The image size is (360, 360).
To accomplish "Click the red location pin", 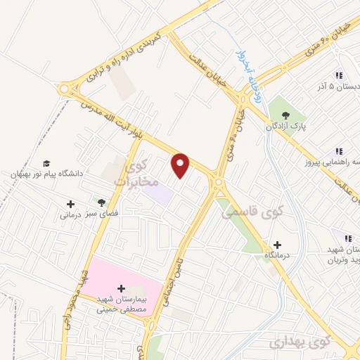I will pos(181,165).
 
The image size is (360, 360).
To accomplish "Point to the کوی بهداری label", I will pos(294,342).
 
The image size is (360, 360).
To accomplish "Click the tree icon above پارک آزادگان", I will pos(285,115).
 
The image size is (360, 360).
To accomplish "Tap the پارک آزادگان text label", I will pos(285,127).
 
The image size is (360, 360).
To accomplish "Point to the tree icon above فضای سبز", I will pos(102,202).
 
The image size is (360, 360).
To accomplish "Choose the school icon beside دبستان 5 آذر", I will pos(338,75).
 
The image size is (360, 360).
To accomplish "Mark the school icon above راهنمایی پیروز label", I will pos(338,150).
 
